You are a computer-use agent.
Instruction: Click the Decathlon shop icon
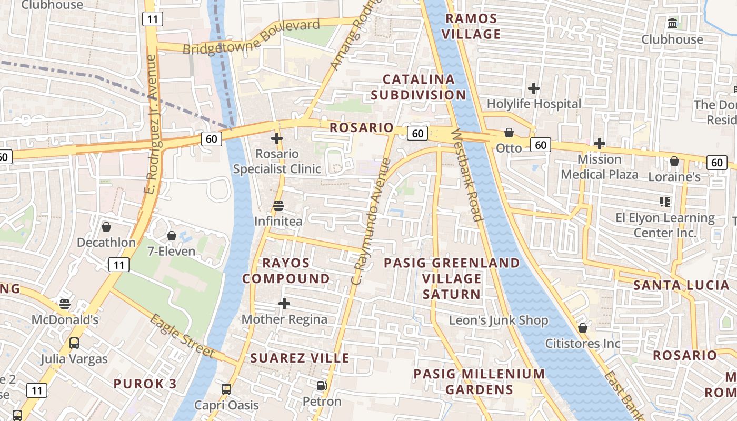[x=106, y=227]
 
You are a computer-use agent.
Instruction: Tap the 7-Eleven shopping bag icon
[x=171, y=236]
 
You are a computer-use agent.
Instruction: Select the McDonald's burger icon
[x=65, y=304]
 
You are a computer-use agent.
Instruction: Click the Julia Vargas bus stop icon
[x=74, y=343]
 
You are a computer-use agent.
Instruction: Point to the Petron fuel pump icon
[x=322, y=386]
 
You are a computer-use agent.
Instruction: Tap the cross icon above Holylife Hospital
[x=534, y=88]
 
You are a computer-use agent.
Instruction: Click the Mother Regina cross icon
[x=284, y=304]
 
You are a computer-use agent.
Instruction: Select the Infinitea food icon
[x=278, y=206]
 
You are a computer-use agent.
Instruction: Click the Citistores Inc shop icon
[x=583, y=328]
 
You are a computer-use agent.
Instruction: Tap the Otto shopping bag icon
[x=509, y=133]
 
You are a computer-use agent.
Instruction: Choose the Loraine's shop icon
[x=674, y=161]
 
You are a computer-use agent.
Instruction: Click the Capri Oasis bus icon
[x=226, y=389]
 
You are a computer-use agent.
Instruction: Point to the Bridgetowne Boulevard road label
[x=252, y=37]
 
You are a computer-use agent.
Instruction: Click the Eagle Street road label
[x=182, y=336]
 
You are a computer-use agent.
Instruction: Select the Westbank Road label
[x=467, y=175]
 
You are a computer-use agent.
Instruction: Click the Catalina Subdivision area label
[x=419, y=87]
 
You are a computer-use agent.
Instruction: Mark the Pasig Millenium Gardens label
[x=479, y=382]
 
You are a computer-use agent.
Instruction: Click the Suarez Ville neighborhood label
[x=300, y=358]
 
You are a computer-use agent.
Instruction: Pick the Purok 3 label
[x=145, y=383]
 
